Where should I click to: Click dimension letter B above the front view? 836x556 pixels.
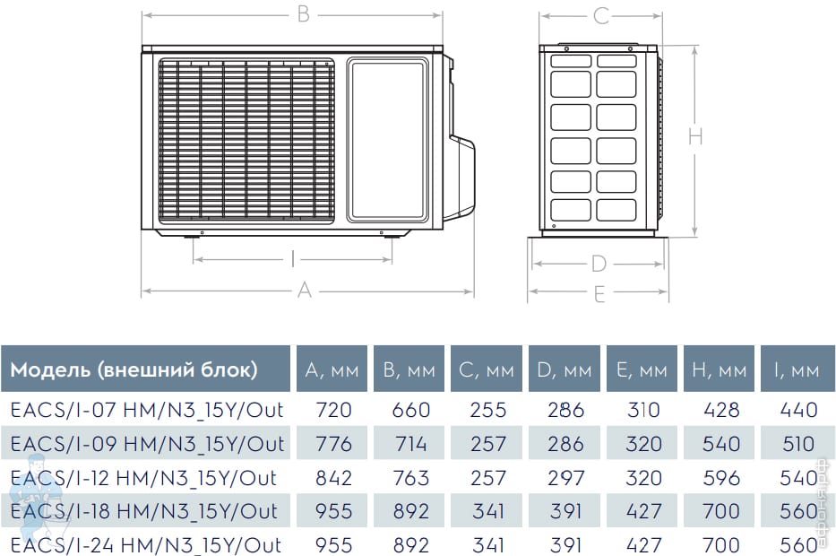click(304, 14)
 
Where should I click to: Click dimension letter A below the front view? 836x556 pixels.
click(305, 291)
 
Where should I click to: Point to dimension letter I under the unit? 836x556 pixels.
click(293, 259)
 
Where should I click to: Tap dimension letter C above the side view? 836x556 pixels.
click(601, 16)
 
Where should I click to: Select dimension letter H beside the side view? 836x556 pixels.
click(695, 136)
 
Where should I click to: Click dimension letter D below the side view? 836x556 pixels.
click(599, 264)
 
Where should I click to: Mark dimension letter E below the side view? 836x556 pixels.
click(599, 294)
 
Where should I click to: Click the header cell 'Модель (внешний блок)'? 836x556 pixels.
click(145, 369)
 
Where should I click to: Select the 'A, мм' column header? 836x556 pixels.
click(332, 369)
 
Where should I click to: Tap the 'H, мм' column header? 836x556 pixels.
click(719, 369)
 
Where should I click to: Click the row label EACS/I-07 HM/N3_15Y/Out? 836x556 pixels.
click(147, 410)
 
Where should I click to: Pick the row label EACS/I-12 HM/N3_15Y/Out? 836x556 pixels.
click(143, 478)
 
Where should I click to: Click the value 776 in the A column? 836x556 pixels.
click(333, 444)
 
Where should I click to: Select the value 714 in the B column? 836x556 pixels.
click(410, 444)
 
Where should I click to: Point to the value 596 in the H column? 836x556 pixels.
click(721, 478)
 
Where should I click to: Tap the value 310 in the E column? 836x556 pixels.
click(643, 410)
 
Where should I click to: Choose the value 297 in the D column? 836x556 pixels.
click(565, 478)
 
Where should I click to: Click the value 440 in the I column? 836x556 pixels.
click(798, 410)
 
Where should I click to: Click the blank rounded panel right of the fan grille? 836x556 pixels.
click(388, 140)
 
